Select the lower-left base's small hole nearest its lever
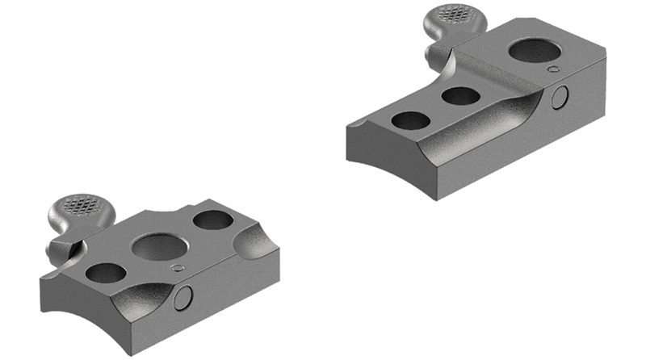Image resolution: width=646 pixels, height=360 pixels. (106, 273)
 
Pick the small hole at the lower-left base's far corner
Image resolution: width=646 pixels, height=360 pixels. (212, 220)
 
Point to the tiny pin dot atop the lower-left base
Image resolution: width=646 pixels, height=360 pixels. (179, 268)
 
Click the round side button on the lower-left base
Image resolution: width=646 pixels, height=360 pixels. (184, 298)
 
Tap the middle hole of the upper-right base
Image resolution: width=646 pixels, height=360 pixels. (461, 95)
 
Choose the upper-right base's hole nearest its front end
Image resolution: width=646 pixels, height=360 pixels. (411, 120)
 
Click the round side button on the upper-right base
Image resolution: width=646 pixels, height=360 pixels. (559, 98)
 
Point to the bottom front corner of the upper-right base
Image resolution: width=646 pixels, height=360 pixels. (435, 199)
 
